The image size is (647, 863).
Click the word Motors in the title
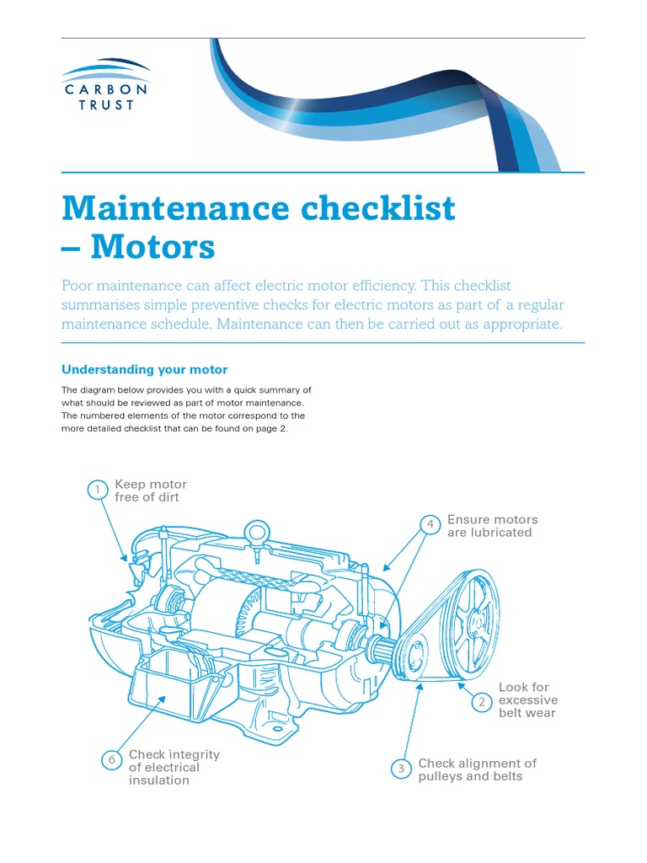click(x=152, y=247)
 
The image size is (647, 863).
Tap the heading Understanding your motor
click(x=145, y=369)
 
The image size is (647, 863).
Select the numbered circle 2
click(x=482, y=701)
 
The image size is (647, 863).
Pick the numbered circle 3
click(x=402, y=769)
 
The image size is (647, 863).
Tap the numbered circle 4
click(x=430, y=525)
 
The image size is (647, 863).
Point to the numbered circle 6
click(x=111, y=760)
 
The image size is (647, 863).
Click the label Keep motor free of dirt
click(x=151, y=490)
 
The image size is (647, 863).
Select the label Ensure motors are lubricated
click(x=492, y=526)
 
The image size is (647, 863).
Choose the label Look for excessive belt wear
click(x=527, y=700)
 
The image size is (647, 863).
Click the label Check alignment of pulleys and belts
click(x=477, y=769)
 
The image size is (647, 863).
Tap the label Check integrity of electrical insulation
click(x=174, y=767)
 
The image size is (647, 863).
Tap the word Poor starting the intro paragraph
click(x=79, y=286)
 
